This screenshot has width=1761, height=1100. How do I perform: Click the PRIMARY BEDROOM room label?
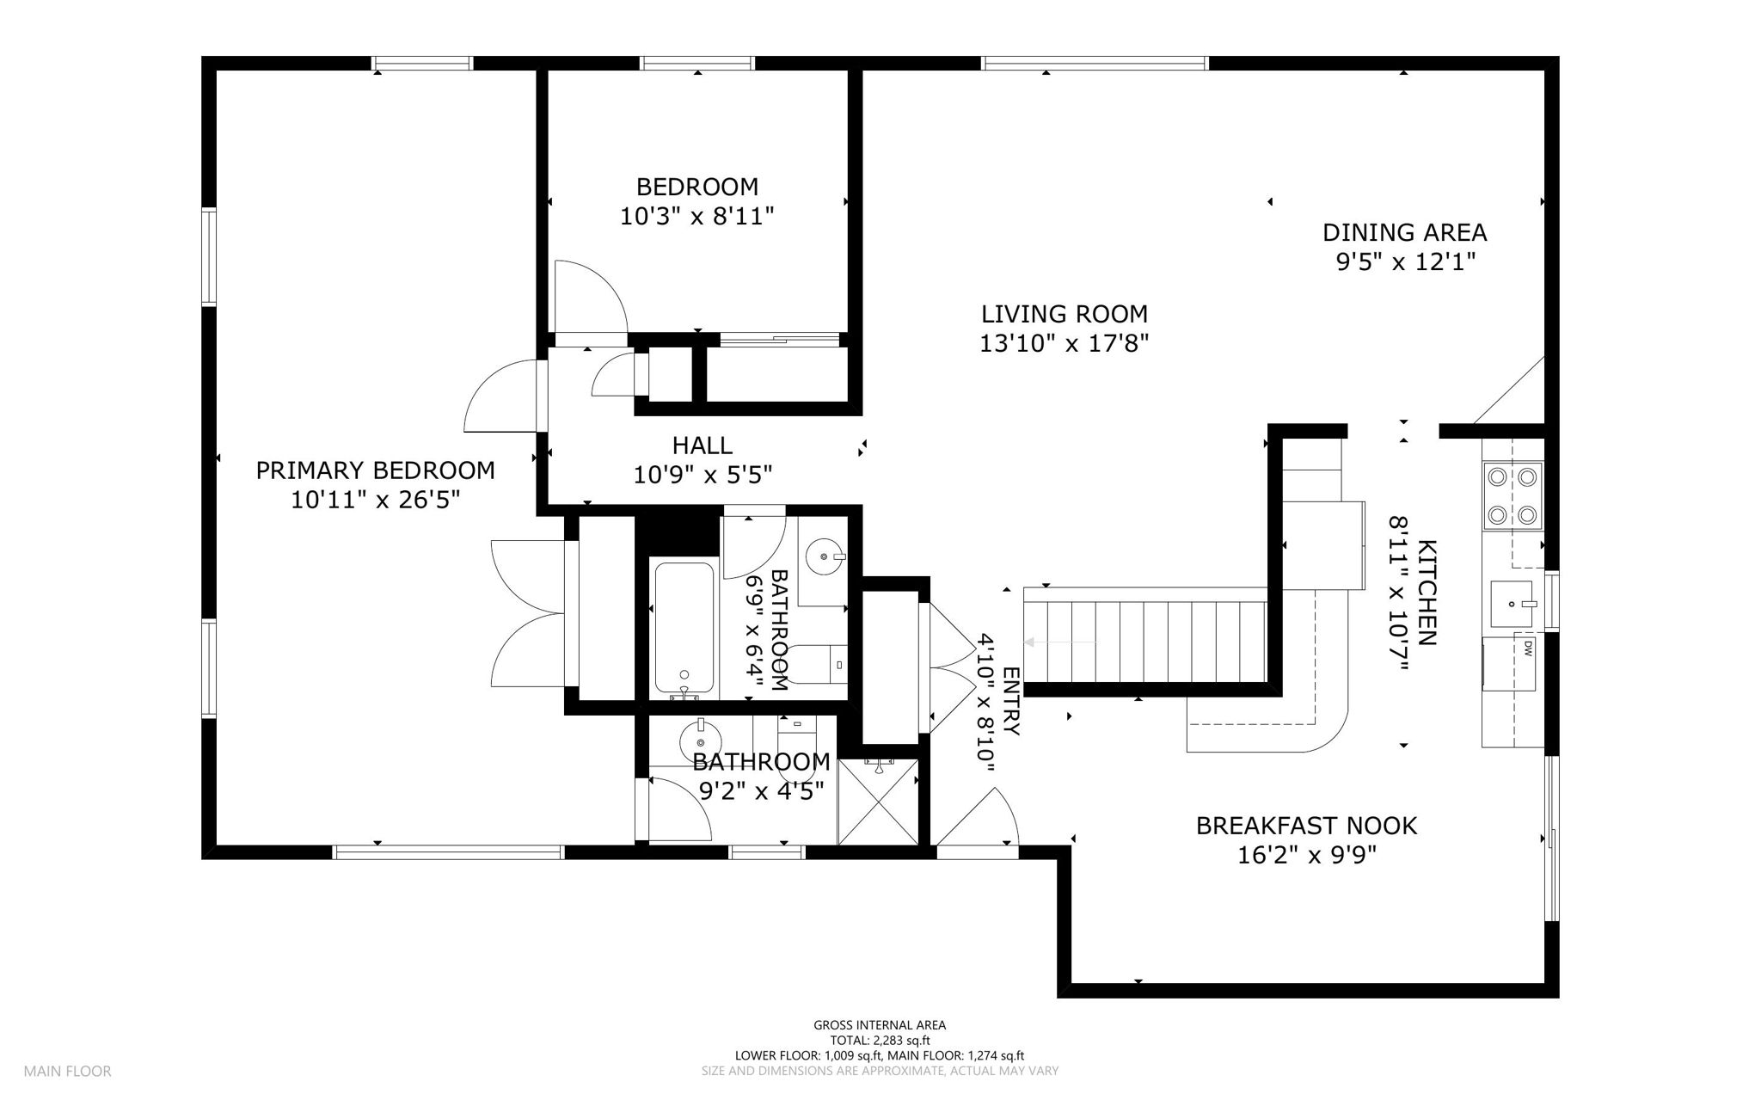tap(375, 470)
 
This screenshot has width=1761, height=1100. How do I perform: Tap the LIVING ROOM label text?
tap(1065, 314)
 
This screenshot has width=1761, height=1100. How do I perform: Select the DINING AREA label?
tap(1404, 232)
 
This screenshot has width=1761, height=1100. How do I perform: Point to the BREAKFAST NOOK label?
tap(1306, 826)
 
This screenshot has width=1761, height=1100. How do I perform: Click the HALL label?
tap(703, 446)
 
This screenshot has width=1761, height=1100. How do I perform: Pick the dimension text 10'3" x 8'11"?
tap(697, 216)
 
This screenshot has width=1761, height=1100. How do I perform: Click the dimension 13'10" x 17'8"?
tap(1065, 343)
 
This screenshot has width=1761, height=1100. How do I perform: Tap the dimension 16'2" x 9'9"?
tap(1306, 855)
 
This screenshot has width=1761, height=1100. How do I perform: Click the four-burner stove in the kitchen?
tap(1512, 495)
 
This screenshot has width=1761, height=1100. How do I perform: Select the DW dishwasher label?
tap(1528, 648)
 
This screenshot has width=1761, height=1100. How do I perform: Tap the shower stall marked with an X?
tap(878, 802)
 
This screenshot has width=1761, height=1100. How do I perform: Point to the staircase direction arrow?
tap(1060, 642)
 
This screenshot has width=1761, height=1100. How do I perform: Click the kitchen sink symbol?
tap(1512, 604)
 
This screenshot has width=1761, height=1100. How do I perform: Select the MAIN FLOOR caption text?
tap(67, 1072)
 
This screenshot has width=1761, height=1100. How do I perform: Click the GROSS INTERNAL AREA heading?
tap(880, 1025)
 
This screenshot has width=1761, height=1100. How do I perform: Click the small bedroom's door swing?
tap(590, 297)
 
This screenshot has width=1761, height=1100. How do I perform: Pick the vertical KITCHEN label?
tap(1427, 593)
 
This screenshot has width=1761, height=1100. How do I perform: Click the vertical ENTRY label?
tap(1011, 702)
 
